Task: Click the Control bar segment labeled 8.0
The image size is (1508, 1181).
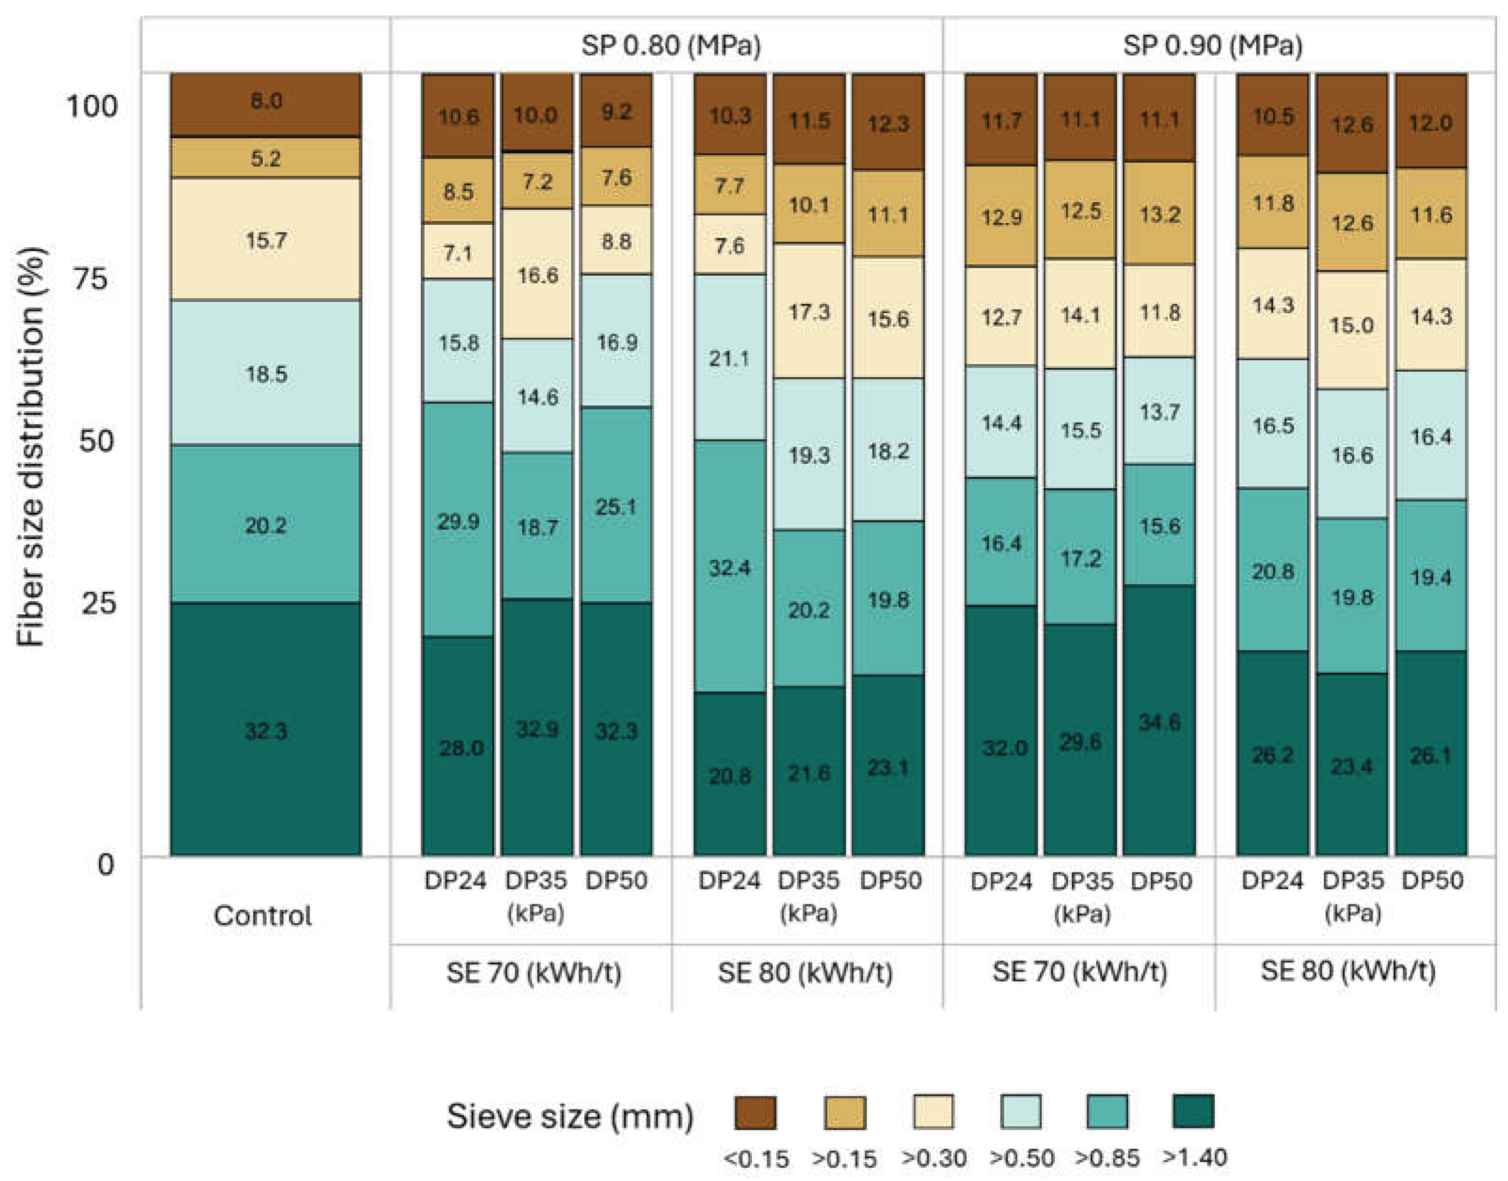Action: (266, 104)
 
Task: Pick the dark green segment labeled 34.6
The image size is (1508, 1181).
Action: (1159, 721)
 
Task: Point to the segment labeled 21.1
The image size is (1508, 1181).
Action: (730, 357)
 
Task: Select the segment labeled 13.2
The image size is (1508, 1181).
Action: (1159, 213)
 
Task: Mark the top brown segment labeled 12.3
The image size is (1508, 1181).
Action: (888, 122)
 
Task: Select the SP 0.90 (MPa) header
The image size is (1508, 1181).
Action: (1213, 46)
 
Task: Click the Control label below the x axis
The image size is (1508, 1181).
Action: (263, 915)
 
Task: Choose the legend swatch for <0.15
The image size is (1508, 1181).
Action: (755, 1112)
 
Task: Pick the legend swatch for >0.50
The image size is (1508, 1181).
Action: (1021, 1111)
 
